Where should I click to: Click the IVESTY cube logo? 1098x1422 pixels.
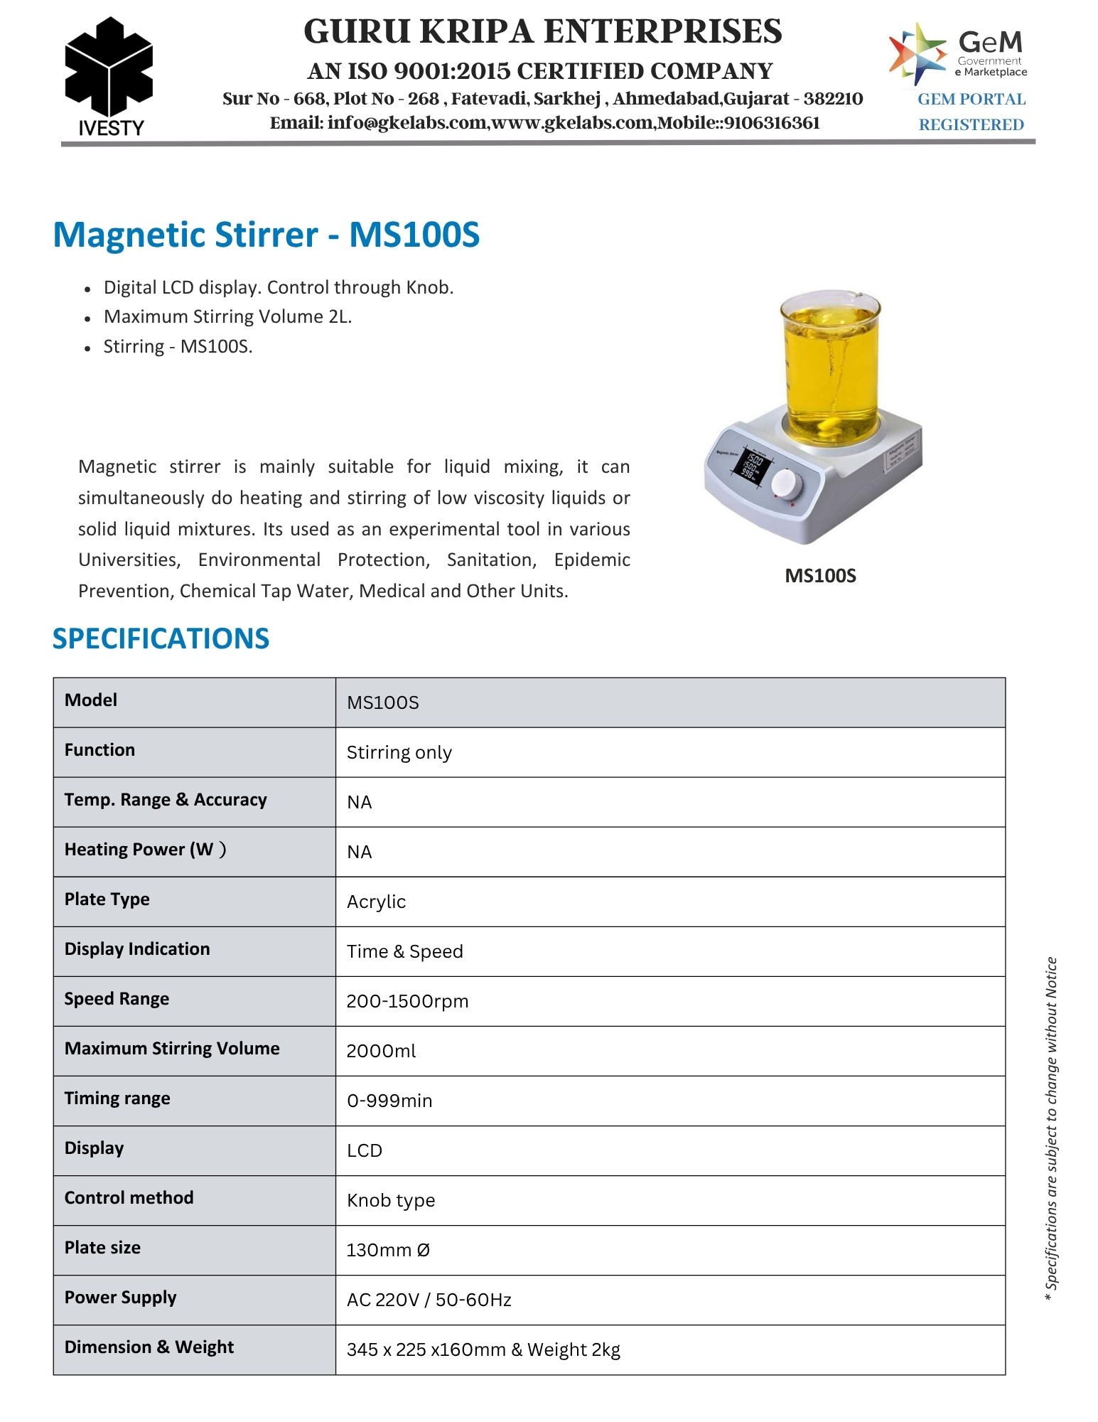109,68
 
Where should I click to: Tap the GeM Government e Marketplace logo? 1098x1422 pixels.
958,53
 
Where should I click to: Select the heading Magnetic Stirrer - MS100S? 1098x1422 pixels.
267,235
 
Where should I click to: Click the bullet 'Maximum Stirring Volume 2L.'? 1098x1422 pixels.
227,316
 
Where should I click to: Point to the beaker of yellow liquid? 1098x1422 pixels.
829,366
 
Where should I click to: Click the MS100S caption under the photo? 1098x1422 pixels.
820,575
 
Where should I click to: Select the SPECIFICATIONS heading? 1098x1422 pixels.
161,638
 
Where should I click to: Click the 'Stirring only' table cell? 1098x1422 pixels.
399,752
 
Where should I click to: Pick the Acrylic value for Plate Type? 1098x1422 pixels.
376,902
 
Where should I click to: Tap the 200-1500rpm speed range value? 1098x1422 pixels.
407,1001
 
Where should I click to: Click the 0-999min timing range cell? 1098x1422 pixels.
389,1101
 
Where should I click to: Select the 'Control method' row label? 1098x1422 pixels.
129,1198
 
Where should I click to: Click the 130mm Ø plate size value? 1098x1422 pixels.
388,1250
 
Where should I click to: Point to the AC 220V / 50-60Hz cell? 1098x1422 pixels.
429,1300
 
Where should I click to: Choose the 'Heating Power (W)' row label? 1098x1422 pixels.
145,850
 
